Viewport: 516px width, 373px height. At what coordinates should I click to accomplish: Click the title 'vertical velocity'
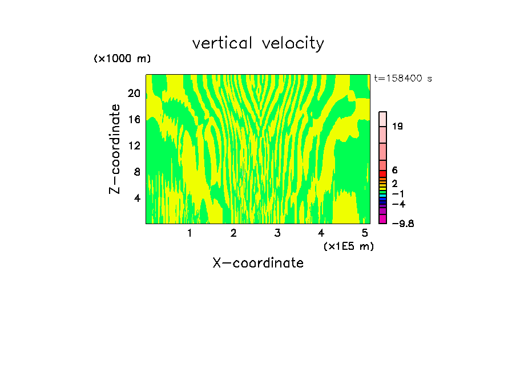click(x=258, y=43)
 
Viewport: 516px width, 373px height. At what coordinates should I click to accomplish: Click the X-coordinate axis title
click(x=258, y=263)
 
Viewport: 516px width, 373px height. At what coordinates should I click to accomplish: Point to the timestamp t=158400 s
click(x=402, y=79)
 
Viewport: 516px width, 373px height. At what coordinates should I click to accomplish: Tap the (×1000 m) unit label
click(x=122, y=59)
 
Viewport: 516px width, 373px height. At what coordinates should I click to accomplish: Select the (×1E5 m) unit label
click(x=348, y=246)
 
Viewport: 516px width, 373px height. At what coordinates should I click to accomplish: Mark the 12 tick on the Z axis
click(x=134, y=145)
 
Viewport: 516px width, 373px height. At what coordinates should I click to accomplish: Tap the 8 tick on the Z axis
click(x=136, y=172)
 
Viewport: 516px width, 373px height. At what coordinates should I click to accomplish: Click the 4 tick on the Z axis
click(x=136, y=198)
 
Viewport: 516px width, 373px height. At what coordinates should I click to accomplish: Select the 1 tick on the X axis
click(x=190, y=233)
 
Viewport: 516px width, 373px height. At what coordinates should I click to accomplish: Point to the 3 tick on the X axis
click(x=277, y=233)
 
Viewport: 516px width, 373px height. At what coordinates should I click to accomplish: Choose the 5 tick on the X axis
click(x=365, y=233)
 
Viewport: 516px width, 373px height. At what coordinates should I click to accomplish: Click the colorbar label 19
click(x=398, y=127)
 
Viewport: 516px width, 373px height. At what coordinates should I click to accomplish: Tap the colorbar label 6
click(x=394, y=171)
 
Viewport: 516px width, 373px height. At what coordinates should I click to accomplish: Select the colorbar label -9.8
click(x=402, y=224)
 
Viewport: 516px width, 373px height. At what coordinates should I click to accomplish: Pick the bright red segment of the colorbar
click(x=383, y=174)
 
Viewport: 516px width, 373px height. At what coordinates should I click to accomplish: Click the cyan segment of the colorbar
click(x=383, y=196)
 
